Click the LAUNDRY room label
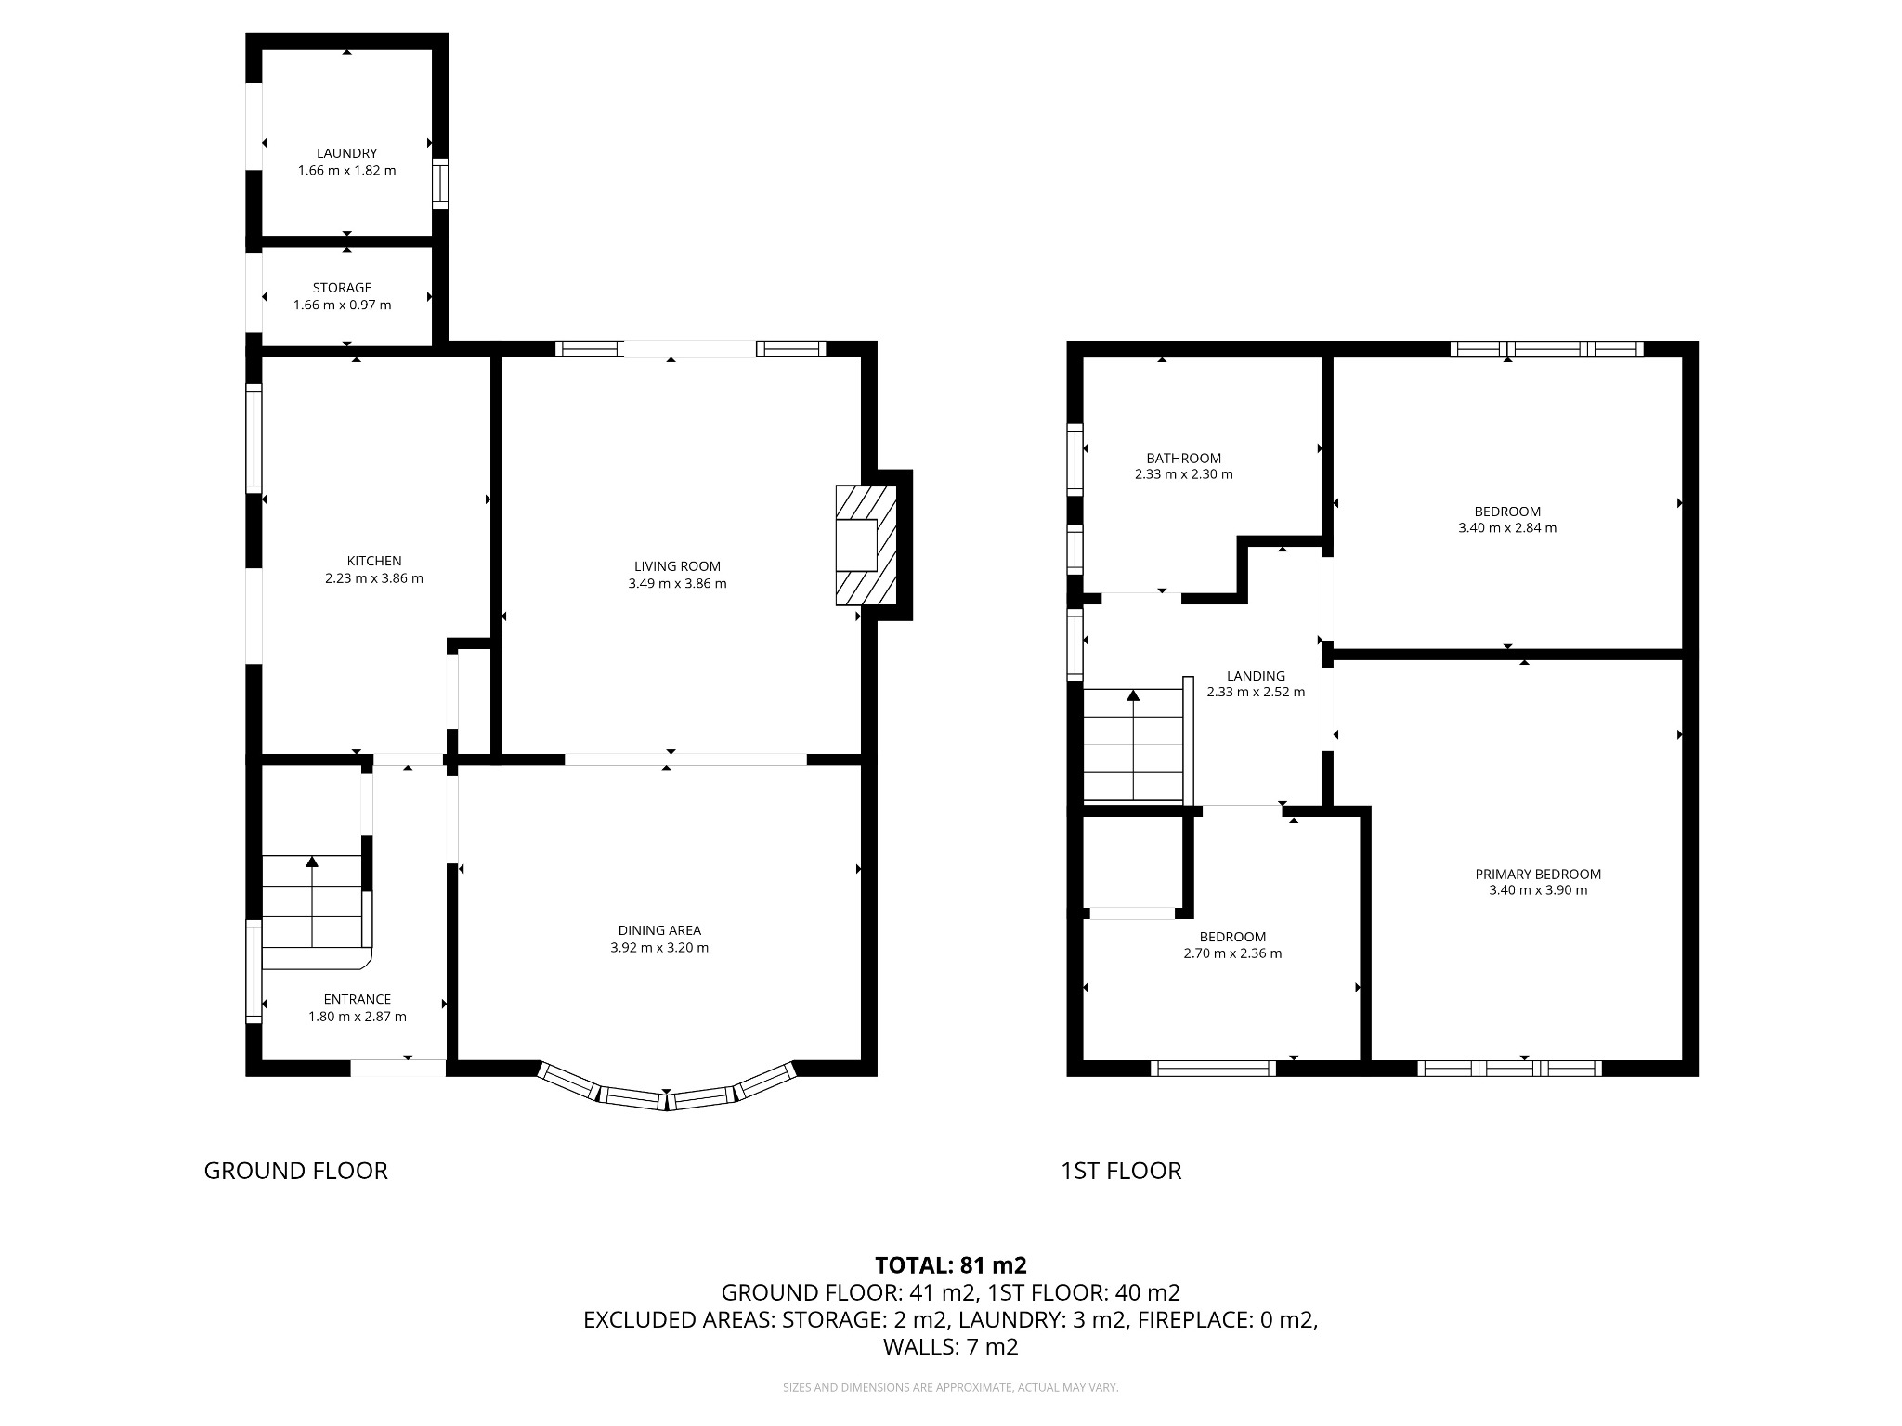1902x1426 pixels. click(x=346, y=153)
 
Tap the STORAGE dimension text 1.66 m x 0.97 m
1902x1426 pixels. click(x=342, y=305)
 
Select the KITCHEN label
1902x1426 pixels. click(x=373, y=561)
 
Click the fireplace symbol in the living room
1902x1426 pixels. click(x=865, y=545)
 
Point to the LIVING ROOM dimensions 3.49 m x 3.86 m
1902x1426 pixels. click(x=677, y=583)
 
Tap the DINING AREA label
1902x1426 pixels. click(x=659, y=930)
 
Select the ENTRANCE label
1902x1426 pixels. click(x=357, y=999)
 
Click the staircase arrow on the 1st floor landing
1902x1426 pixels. click(x=1133, y=695)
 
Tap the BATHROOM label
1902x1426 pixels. click(x=1183, y=458)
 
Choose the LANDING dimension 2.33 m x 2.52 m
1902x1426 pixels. click(x=1256, y=692)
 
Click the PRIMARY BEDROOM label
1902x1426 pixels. click(x=1538, y=874)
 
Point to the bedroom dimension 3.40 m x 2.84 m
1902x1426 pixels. click(x=1507, y=527)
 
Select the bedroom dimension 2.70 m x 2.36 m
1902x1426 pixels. click(x=1232, y=953)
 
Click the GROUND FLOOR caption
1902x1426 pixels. click(x=295, y=1171)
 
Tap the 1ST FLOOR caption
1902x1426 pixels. click(x=1121, y=1171)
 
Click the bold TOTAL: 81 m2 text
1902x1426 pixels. click(x=950, y=1264)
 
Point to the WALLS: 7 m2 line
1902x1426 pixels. click(x=950, y=1346)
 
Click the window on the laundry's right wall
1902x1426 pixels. click(x=440, y=183)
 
